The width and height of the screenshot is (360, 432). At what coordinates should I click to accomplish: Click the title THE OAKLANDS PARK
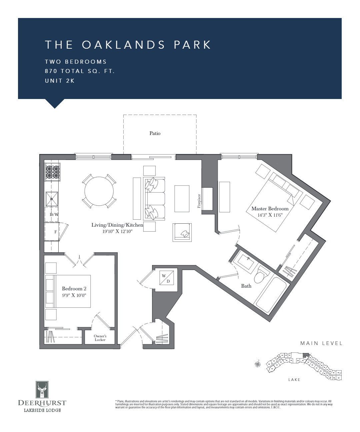[x=128, y=45]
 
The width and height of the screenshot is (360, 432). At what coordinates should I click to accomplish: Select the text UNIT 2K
[x=60, y=81]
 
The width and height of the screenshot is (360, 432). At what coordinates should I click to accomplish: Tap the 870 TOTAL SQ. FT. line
[x=80, y=71]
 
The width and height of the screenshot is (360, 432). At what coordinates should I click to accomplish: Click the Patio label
[x=155, y=133]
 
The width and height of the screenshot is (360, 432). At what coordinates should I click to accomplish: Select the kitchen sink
[x=52, y=199]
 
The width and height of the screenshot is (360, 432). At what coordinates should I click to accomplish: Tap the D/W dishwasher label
[x=54, y=214]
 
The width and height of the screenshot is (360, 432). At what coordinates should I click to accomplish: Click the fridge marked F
[x=55, y=232]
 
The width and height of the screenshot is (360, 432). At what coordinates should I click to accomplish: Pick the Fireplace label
[x=199, y=201]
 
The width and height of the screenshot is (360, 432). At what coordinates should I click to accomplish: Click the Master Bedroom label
[x=270, y=209]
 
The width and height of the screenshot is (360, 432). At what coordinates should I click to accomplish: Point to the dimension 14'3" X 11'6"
[x=270, y=215]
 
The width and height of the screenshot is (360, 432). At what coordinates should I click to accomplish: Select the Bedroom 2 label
[x=74, y=289]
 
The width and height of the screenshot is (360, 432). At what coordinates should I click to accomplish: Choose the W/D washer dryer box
[x=166, y=279]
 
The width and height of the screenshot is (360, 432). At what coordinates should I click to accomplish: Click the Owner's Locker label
[x=100, y=338]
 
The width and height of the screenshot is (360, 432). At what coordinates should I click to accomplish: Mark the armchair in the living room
[x=182, y=232]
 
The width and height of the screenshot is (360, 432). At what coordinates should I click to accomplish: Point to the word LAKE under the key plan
[x=294, y=380]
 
